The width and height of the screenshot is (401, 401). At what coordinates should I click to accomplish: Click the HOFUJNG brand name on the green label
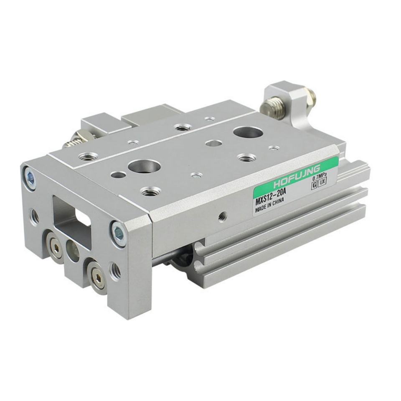[297, 176]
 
